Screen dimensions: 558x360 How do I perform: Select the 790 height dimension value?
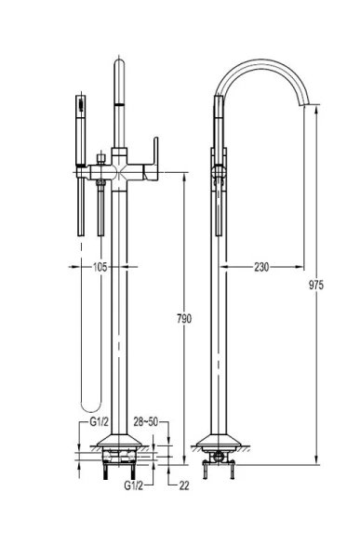(x=185, y=319)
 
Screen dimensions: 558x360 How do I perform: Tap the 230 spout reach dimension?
(x=261, y=267)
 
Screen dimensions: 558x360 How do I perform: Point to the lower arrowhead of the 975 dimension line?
(x=317, y=460)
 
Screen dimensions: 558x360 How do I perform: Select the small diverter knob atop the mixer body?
(x=118, y=149)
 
